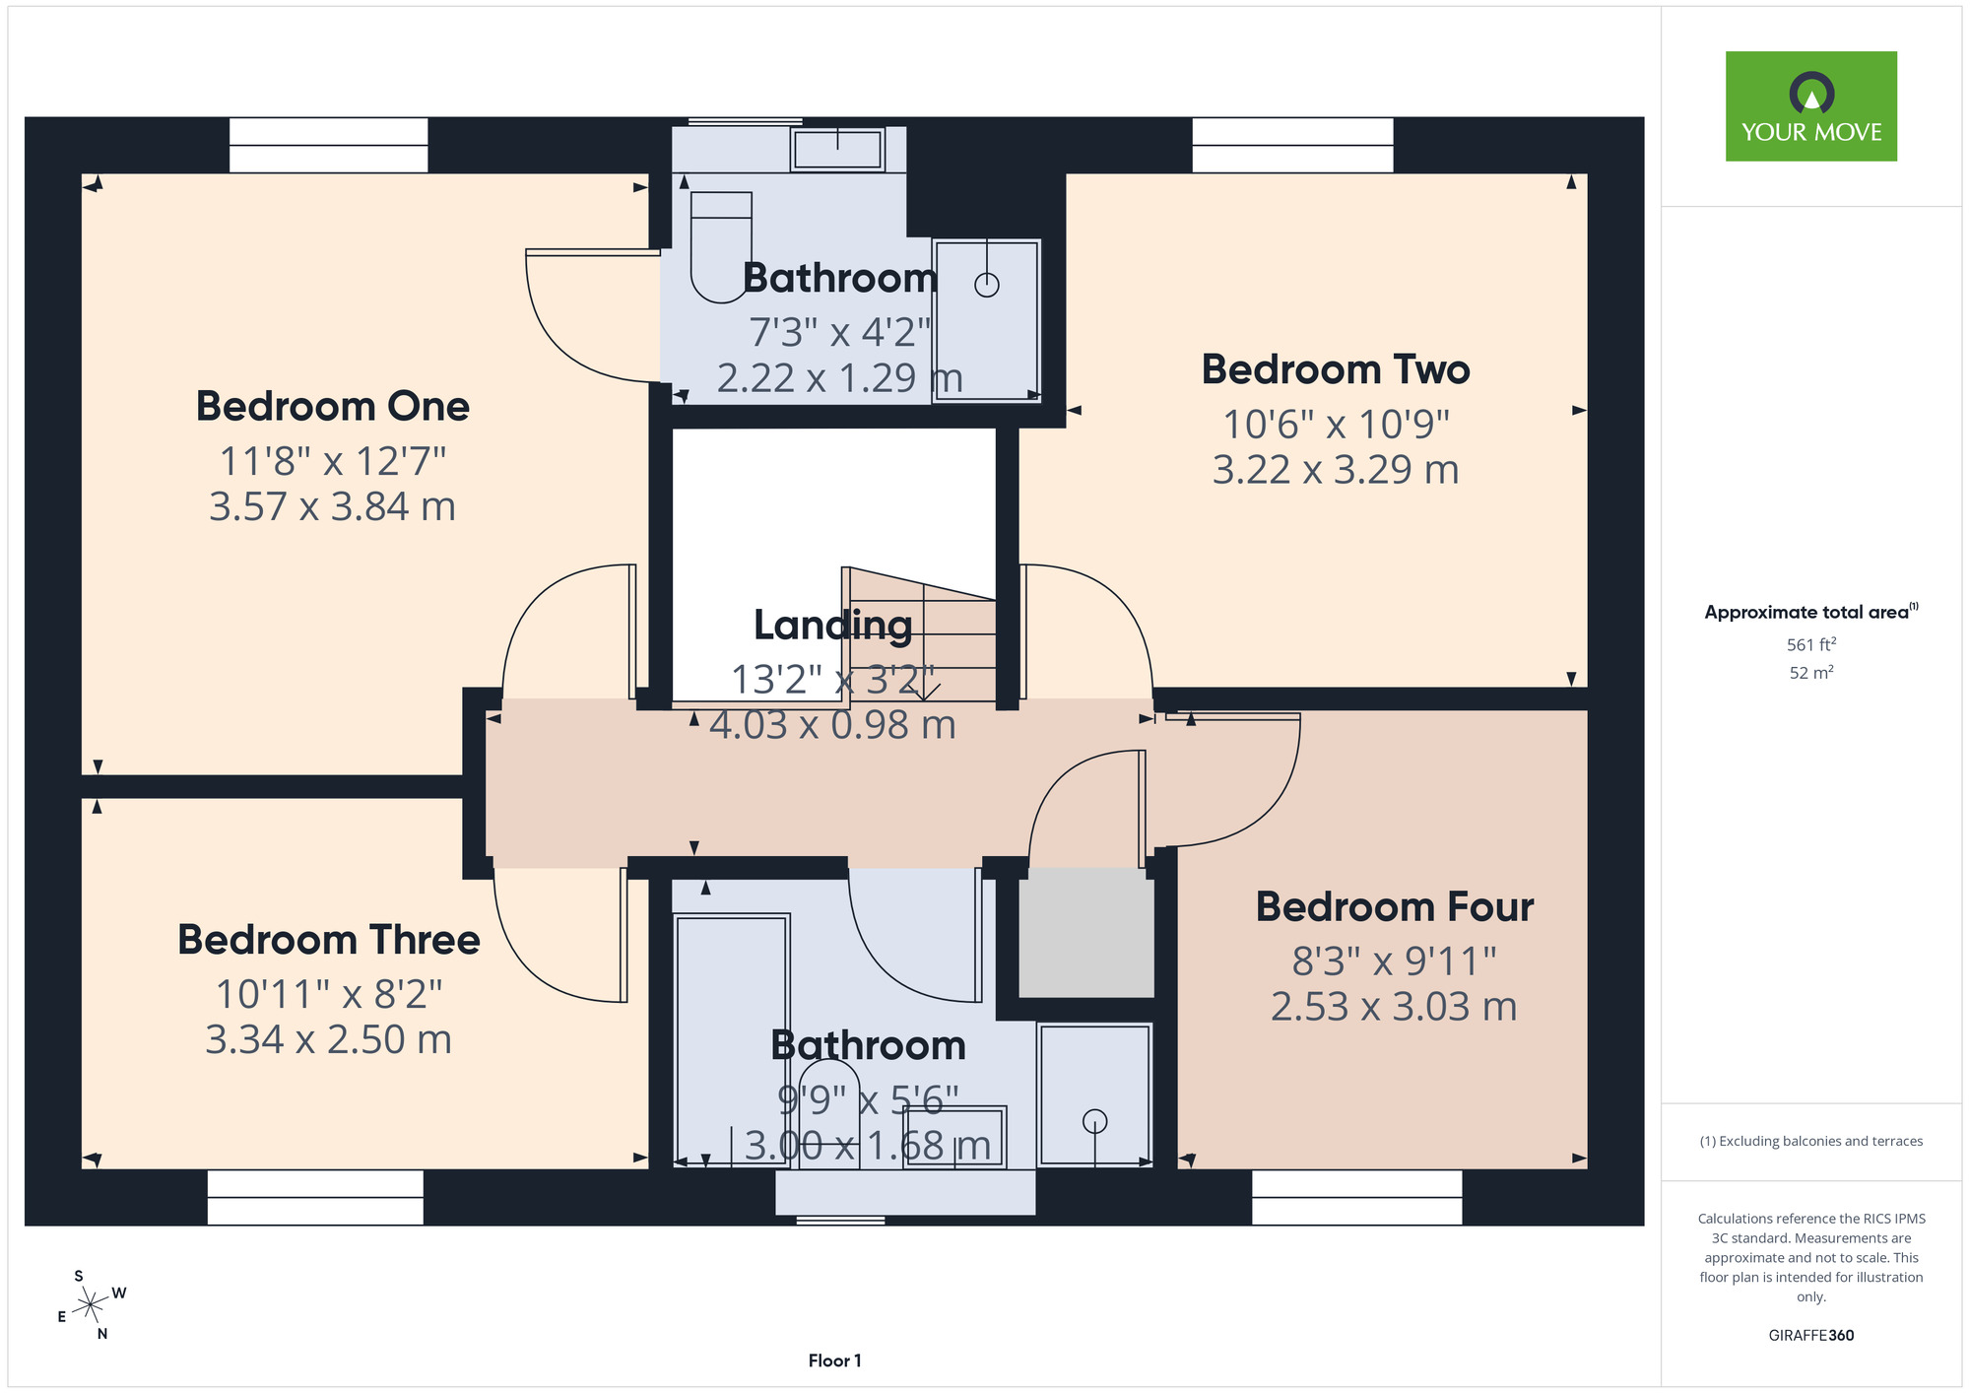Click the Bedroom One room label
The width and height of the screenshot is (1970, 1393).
coord(333,406)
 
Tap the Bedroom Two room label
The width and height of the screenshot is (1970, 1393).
coord(1336,369)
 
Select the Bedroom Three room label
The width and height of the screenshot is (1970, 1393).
coord(329,940)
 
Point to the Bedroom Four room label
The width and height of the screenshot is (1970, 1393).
coord(1395,907)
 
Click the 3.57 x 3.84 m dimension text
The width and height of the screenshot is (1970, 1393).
coord(333,506)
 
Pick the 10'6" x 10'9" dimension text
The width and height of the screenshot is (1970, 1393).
coord(1336,425)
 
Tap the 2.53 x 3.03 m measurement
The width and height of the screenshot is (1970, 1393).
coord(1394,1007)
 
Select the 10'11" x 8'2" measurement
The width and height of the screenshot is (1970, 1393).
coord(329,994)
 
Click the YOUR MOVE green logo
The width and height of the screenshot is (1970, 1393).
coord(1811,106)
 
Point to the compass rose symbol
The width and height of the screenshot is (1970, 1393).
coord(91,1305)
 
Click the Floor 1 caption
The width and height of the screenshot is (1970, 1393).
coord(834,1360)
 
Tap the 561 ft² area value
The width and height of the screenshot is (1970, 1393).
coord(1811,644)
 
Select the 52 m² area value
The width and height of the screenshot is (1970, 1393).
coord(1811,673)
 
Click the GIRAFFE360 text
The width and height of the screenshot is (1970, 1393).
coord(1811,1336)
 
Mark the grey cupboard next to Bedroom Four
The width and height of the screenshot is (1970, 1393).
coord(1085,932)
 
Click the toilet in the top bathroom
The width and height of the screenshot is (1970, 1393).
coord(721,246)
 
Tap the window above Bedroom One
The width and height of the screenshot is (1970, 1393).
coord(329,145)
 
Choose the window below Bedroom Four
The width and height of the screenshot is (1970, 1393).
coord(1356,1197)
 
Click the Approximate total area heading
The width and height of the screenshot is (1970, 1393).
coord(1811,612)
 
